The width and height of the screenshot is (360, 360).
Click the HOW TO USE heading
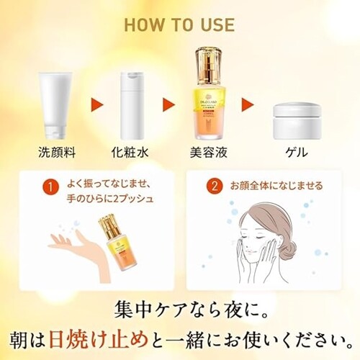click(179, 24)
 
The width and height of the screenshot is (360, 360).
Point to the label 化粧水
click(134, 153)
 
